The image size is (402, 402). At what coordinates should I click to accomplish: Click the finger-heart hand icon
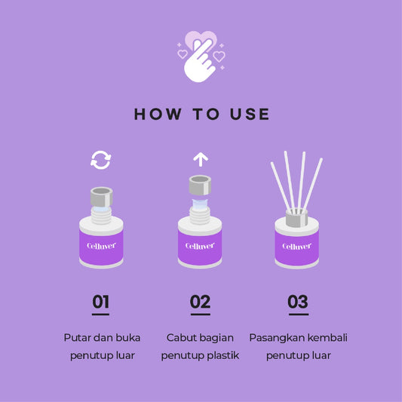[x=201, y=57]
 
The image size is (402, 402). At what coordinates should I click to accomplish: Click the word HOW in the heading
[x=158, y=114]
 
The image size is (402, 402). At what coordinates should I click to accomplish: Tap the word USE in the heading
[x=250, y=114]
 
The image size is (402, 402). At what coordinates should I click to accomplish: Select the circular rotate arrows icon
[x=101, y=160]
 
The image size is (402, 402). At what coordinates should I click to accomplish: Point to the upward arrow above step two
[x=201, y=159]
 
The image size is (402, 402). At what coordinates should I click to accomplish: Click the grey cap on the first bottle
[x=102, y=197]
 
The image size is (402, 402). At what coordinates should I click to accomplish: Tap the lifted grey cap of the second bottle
[x=200, y=185]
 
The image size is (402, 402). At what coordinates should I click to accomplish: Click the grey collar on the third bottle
[x=296, y=218]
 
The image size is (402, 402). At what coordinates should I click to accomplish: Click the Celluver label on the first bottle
[x=101, y=246]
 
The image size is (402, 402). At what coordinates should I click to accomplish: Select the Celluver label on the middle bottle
[x=200, y=246]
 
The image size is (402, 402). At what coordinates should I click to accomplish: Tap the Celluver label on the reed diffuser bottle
[x=296, y=247]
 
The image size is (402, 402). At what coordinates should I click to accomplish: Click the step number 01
[x=101, y=302]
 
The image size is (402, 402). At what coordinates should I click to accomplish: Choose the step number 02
[x=200, y=302]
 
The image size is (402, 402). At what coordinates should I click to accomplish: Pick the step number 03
[x=298, y=302]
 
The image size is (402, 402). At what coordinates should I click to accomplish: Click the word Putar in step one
[x=77, y=338]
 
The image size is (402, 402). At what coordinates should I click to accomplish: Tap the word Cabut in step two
[x=181, y=338]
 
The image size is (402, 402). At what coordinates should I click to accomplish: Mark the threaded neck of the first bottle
[x=102, y=216]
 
